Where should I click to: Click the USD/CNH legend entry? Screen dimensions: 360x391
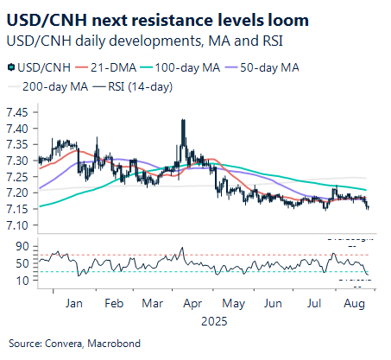(38, 66)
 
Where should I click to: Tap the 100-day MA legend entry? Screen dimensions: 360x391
(187, 66)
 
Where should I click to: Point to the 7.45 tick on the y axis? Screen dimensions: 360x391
(19, 112)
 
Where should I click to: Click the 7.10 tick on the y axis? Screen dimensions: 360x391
(19, 225)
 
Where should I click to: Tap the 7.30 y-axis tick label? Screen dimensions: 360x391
(19, 161)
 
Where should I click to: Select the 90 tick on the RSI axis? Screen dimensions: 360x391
(24, 246)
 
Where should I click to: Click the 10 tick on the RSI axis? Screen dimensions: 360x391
(24, 280)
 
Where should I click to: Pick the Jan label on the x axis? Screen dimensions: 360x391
(73, 304)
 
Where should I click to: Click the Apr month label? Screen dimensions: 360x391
(193, 304)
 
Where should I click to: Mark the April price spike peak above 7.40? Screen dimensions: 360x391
(183, 121)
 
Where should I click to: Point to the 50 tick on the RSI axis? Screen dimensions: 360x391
(24, 262)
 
